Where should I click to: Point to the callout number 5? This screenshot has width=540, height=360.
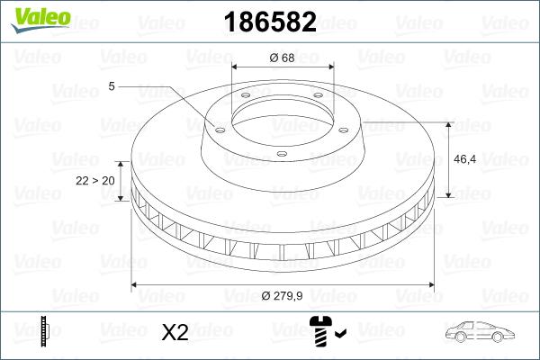coord(111,86)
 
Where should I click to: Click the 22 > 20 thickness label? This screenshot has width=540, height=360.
coord(94,181)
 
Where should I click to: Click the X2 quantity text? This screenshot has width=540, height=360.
coord(174,333)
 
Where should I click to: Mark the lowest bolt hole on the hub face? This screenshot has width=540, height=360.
coord(281,154)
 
